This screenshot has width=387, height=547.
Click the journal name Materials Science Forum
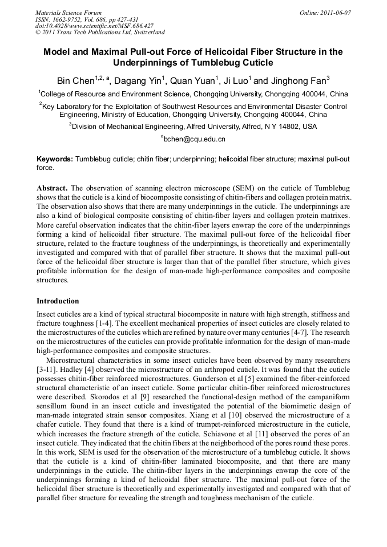pyautogui.click(x=68, y=12)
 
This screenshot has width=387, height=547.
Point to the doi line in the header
pyautogui.click(x=94, y=26)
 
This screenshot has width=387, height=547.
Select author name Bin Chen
pyautogui.click(x=75, y=80)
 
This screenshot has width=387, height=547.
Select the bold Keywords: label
pyautogui.click(x=55, y=160)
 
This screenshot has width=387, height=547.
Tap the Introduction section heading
pyautogui.click(x=58, y=301)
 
